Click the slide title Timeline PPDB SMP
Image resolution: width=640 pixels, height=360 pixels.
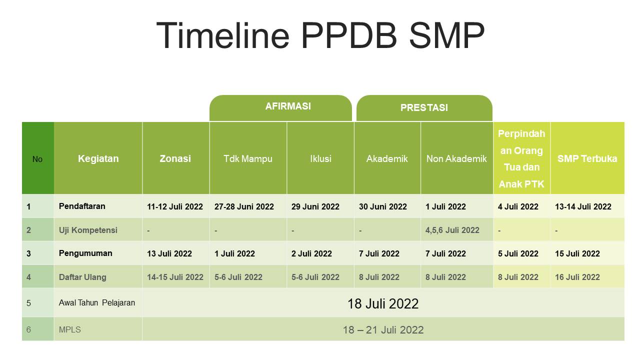(320, 35)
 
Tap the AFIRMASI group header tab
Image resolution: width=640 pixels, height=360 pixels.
(280, 108)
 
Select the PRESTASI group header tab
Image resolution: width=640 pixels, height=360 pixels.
(424, 108)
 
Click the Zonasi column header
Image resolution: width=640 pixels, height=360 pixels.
(175, 158)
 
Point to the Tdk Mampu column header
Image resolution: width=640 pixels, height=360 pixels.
(248, 158)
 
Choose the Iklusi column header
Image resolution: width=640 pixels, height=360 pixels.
(320, 158)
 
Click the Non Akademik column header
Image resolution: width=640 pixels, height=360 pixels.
(456, 158)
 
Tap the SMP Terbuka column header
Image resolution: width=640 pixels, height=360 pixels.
(587, 158)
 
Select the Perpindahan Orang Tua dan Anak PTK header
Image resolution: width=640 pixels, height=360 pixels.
(521, 158)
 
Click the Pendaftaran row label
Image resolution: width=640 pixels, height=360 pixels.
(82, 206)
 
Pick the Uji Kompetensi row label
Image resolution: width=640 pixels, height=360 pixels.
(88, 230)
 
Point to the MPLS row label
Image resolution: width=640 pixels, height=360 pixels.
(69, 329)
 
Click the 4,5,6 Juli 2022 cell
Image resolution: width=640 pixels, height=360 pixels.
(452, 230)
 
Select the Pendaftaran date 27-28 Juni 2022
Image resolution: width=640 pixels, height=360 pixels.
(244, 206)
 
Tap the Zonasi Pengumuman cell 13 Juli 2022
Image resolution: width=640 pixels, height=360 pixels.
(169, 253)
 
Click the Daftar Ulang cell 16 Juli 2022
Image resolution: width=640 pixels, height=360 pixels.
(577, 277)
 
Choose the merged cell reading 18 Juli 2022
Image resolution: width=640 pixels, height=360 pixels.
(383, 303)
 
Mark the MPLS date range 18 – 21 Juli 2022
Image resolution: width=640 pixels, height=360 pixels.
(383, 330)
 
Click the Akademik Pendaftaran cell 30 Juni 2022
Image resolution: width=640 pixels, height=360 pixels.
(383, 206)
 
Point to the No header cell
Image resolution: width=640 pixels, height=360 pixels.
(37, 159)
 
